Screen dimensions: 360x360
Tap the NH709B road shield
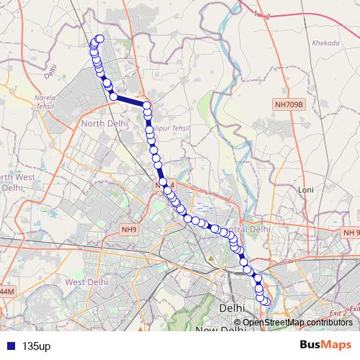tap(290, 104)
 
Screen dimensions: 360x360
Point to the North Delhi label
tap(104, 123)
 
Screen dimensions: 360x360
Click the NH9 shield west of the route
tap(129, 230)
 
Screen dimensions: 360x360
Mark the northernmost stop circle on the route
tap(99, 39)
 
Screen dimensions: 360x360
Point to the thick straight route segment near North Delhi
tap(130, 102)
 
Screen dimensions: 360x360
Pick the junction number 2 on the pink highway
tap(268, 17)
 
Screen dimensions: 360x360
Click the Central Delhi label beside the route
tap(248, 228)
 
